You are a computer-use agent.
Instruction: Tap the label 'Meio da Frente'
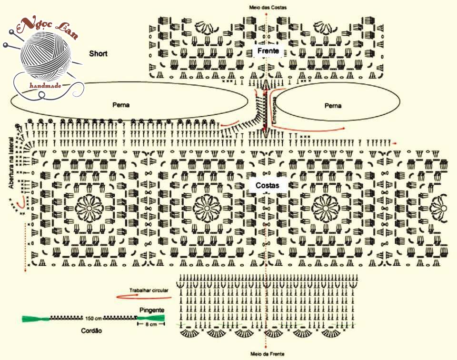(x=268, y=354)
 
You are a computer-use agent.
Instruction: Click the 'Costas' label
(x=268, y=185)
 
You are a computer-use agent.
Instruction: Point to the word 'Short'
(x=98, y=54)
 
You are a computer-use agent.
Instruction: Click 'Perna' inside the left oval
(x=121, y=105)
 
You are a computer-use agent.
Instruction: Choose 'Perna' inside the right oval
(x=333, y=106)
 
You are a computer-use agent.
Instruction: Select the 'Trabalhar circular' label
(x=149, y=290)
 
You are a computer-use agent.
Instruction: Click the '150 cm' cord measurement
(x=93, y=318)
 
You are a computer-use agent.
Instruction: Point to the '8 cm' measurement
(x=151, y=324)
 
